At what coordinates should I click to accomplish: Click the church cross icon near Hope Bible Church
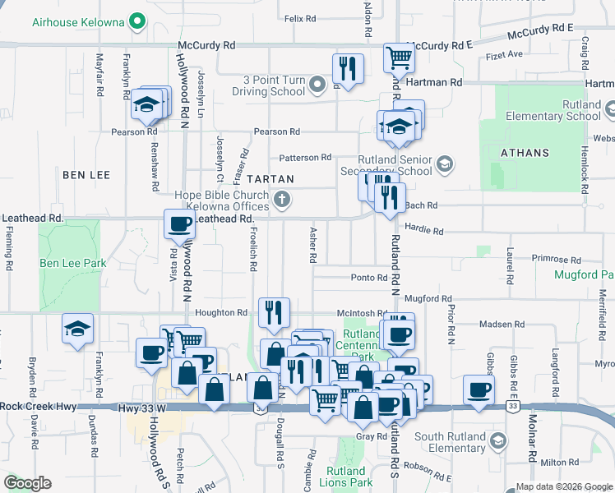[282, 198]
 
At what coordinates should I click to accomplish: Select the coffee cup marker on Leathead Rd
[179, 223]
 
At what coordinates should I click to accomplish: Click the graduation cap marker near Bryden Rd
[78, 329]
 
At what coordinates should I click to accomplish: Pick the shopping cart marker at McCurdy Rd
[399, 58]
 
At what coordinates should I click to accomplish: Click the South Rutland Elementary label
[450, 442]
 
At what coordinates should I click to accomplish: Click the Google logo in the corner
[28, 483]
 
